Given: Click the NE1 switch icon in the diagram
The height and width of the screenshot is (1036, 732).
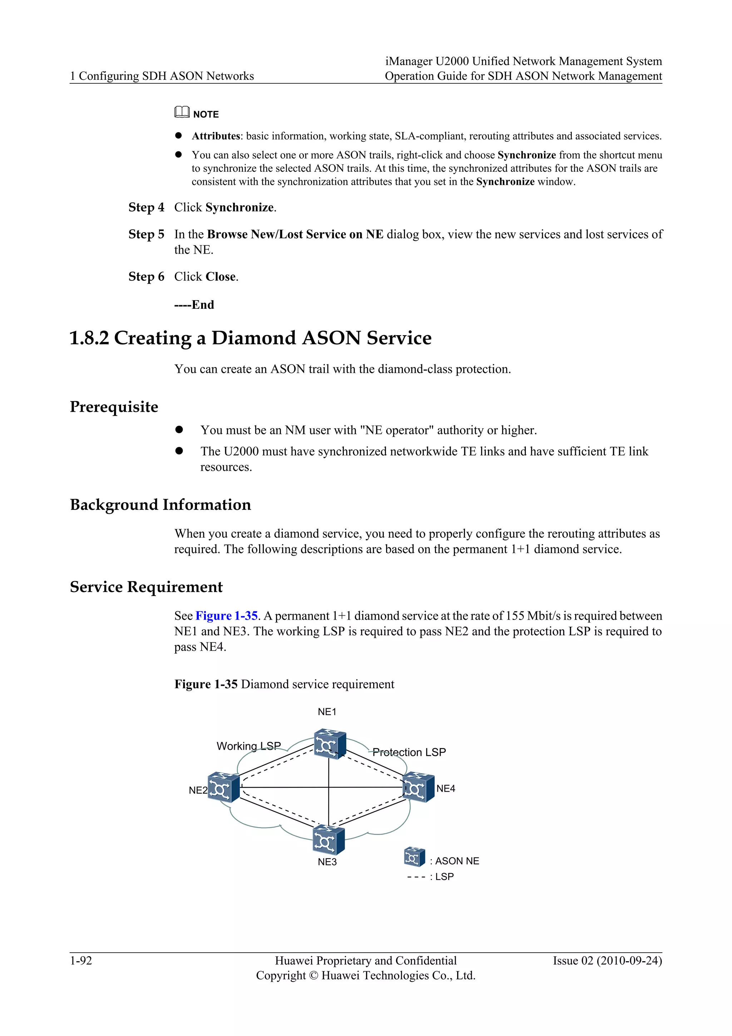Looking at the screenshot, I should pos(330,744).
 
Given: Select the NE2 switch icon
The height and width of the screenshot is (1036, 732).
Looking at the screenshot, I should pos(223,787).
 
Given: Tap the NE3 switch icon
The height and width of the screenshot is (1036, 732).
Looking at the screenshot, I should pos(328,840).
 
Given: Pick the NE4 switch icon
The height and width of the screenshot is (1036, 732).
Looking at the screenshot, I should pos(418,787).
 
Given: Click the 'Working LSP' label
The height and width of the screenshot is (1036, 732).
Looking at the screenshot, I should pos(248,746).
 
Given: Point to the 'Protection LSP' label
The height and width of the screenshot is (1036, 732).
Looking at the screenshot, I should pos(409,752).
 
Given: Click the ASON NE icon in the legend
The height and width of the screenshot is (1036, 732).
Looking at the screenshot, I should pos(414,857).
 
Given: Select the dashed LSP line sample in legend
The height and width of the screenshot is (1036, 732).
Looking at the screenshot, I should pos(416,877).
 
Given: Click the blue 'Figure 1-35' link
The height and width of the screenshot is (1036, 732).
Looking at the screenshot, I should pos(226,616).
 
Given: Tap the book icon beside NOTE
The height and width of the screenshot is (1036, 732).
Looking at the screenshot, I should pos(182,112).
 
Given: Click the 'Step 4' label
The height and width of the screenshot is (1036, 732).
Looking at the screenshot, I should pos(146,207).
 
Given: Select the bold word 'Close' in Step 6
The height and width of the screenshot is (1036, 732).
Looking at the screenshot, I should pos(221,277).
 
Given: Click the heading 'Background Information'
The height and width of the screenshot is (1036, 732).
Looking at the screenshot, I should pos(160,504).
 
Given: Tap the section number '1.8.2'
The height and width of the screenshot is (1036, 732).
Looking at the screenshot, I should pos(89,338).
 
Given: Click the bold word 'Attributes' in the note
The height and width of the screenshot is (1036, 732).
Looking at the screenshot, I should pos(216,136).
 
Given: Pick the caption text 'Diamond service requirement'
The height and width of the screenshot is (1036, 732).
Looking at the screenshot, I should pos(317,684).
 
